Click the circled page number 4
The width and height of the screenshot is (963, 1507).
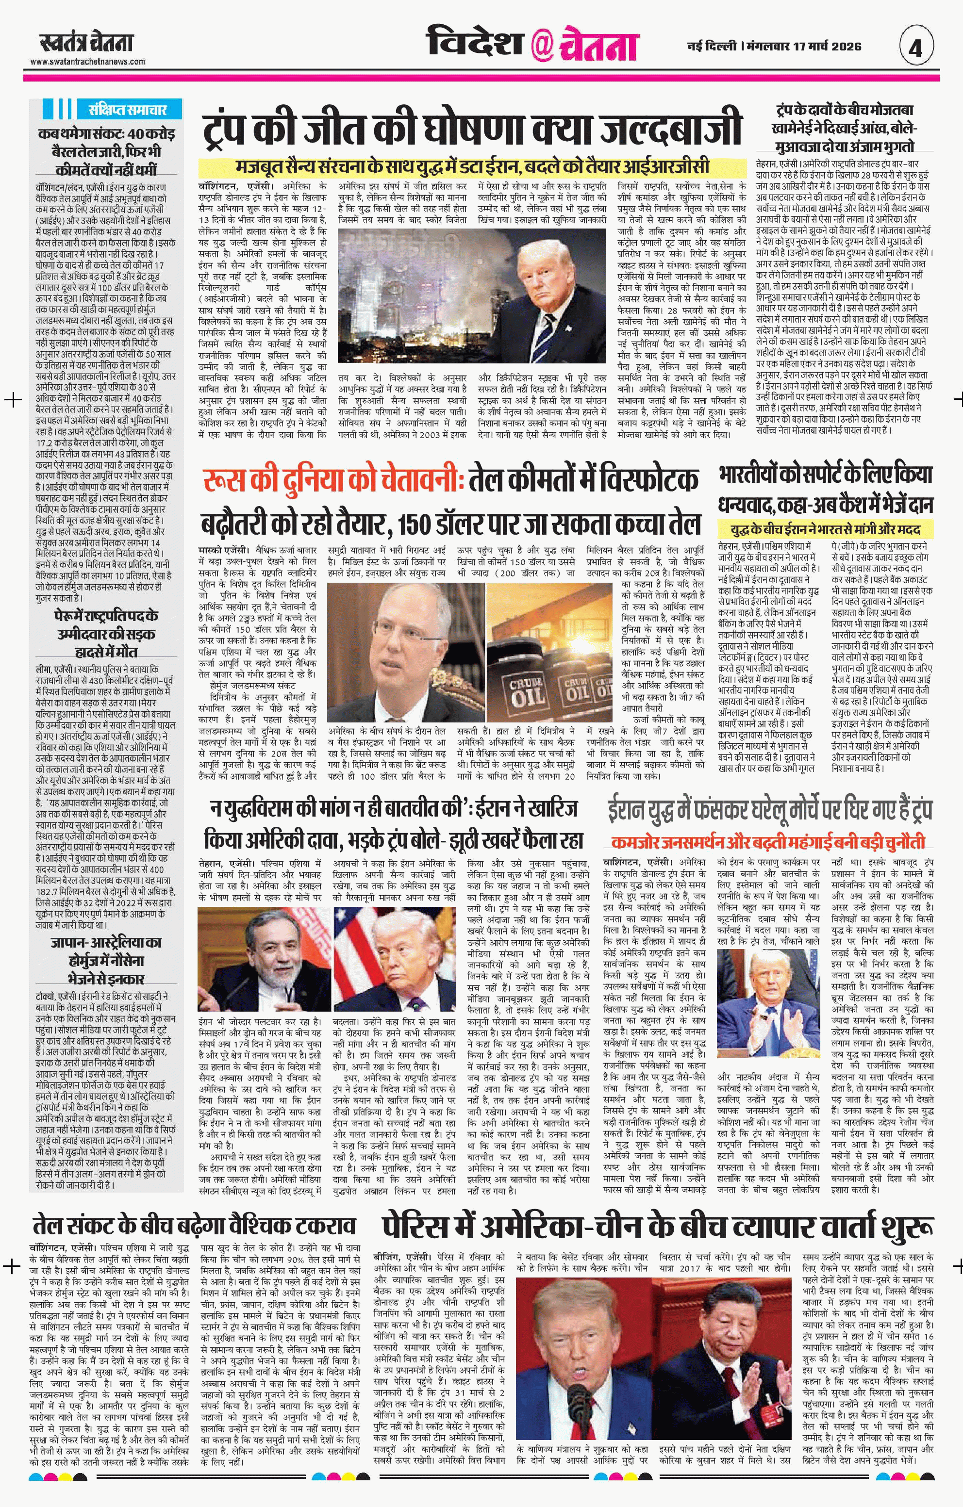click(x=916, y=48)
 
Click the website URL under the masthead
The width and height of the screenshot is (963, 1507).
click(x=88, y=61)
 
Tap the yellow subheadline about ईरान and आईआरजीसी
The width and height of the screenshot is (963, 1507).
click(x=473, y=167)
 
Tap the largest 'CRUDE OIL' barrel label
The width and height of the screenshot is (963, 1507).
click(x=525, y=691)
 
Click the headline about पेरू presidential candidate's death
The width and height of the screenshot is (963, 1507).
click(x=106, y=634)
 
